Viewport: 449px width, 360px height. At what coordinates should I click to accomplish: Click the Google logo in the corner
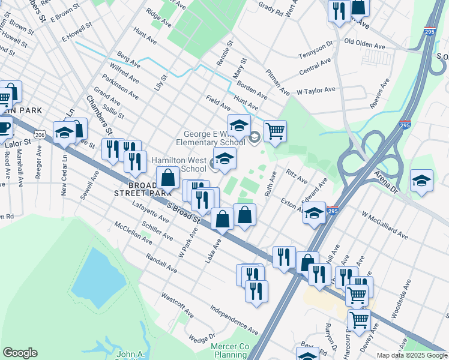click(x=20, y=353)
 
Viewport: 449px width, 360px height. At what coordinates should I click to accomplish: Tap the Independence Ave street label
click(x=234, y=320)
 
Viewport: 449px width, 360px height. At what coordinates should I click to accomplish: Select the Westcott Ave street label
click(x=177, y=305)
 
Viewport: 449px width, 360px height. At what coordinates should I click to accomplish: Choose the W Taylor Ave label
click(x=316, y=90)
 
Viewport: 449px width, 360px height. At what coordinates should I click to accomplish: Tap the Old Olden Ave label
click(x=364, y=46)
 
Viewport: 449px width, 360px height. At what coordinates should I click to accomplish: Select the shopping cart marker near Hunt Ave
click(x=275, y=130)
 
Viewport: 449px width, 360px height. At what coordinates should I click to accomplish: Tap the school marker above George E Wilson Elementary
click(x=238, y=124)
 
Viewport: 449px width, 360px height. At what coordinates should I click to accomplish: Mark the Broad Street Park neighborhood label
click(x=138, y=189)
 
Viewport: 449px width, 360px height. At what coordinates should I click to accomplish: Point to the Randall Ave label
click(x=161, y=263)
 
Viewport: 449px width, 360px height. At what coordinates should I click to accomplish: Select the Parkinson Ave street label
click(x=120, y=85)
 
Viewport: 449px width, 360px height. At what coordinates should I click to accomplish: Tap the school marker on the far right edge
click(x=421, y=179)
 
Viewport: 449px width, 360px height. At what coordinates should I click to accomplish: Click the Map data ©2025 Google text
click(x=412, y=355)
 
